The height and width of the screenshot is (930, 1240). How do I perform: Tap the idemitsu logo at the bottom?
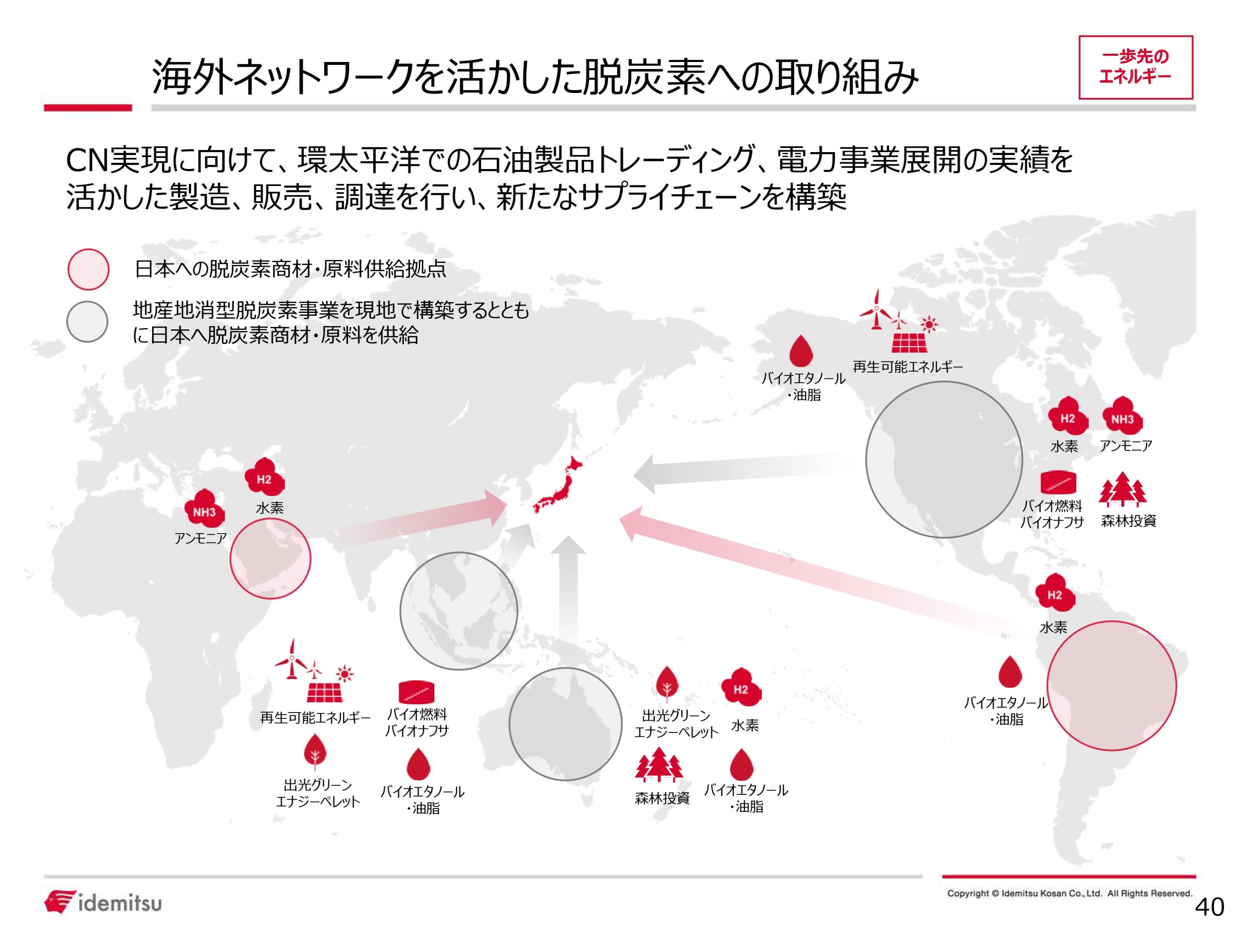(x=103, y=902)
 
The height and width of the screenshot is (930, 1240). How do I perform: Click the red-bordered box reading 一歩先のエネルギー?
(x=1135, y=67)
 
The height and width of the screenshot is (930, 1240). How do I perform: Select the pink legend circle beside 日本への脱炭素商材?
(x=89, y=270)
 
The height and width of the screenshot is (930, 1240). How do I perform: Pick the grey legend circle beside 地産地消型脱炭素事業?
(x=88, y=322)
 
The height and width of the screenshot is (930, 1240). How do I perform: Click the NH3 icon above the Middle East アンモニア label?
(x=204, y=509)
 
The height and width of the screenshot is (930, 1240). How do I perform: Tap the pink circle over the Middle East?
(x=270, y=558)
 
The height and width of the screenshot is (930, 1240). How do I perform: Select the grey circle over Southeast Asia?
(x=459, y=611)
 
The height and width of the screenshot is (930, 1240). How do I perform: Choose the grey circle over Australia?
(x=565, y=724)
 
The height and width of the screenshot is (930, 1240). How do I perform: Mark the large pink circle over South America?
(x=1112, y=685)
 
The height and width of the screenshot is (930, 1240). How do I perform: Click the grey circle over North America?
(x=944, y=460)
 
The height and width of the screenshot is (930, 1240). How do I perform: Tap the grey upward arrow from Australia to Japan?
(x=568, y=589)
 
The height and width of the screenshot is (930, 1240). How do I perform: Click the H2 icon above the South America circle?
(x=1054, y=594)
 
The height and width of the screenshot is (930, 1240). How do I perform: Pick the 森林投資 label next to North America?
(x=1129, y=521)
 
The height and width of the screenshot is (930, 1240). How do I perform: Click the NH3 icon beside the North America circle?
(x=1122, y=417)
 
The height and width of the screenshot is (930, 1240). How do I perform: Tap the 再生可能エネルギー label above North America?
(x=908, y=367)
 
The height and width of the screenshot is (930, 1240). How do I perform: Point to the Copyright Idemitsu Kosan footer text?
(x=1069, y=894)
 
